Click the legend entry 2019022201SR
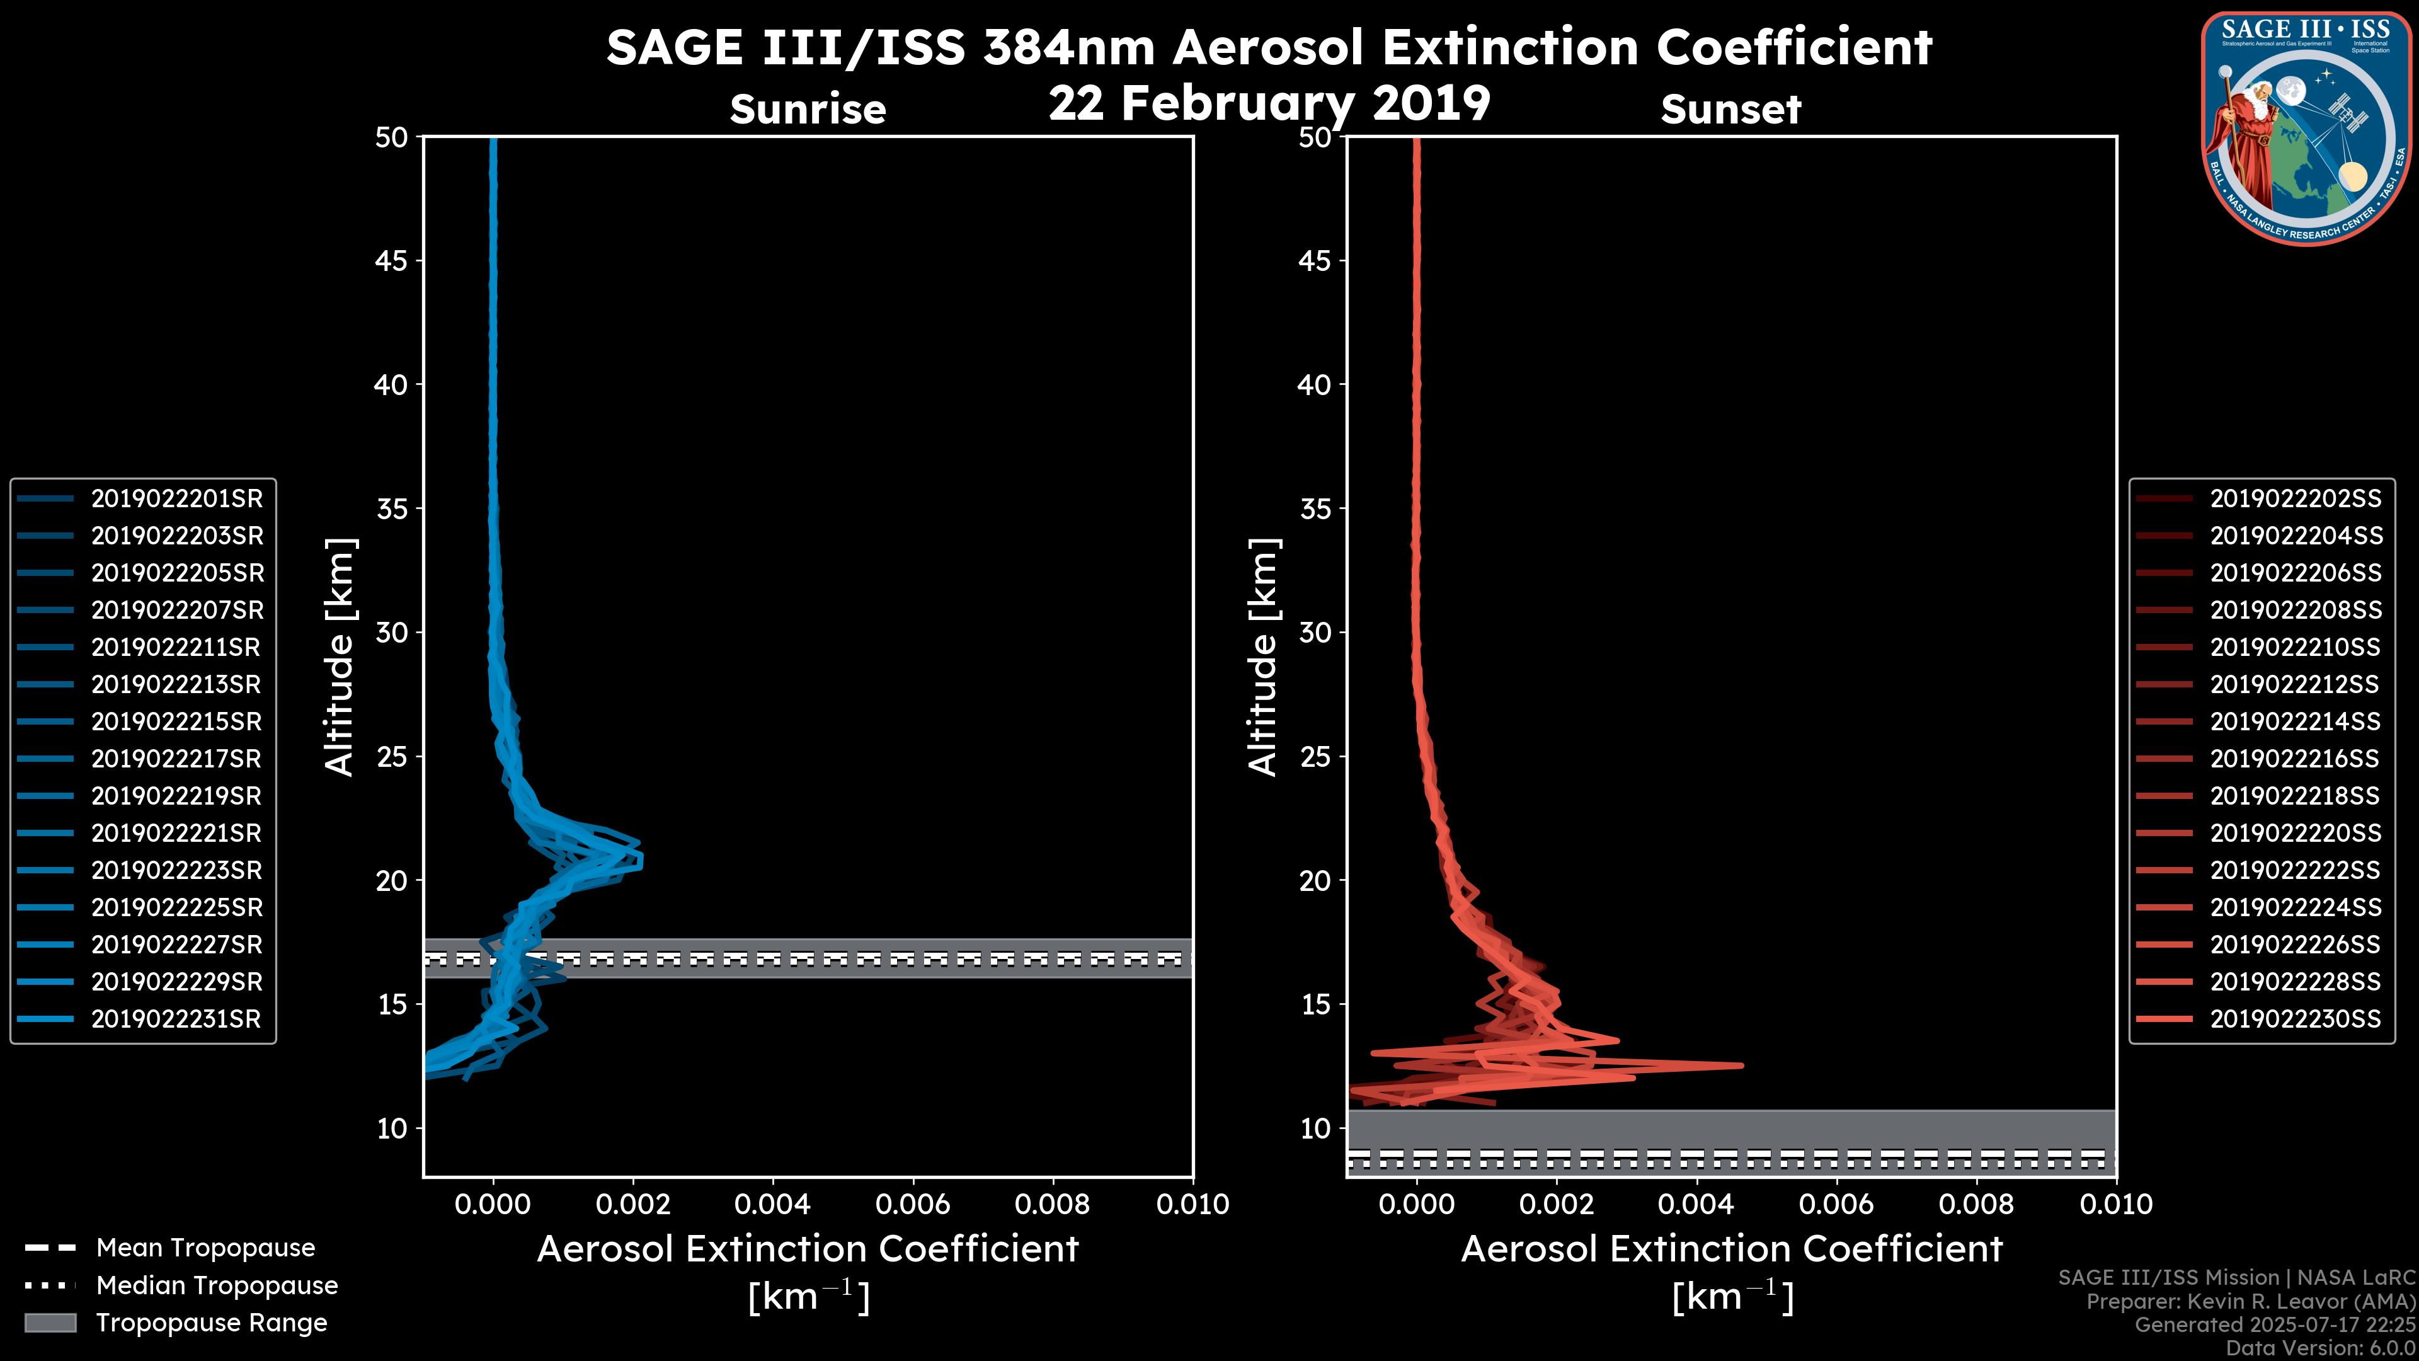176,499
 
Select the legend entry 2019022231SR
176,1019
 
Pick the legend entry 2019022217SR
176,759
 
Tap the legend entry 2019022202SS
2295,499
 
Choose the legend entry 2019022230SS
2295,1019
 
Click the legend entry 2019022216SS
2294,759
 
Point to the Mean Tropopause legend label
205,1248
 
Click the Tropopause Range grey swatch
50,1323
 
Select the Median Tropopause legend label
217,1286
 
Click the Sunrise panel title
808,110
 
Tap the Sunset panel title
1730,110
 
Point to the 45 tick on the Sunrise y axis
392,261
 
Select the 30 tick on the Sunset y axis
1315,633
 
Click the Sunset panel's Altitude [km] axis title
1263,657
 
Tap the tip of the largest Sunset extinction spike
1742,1065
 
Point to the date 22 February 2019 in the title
1269,103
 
